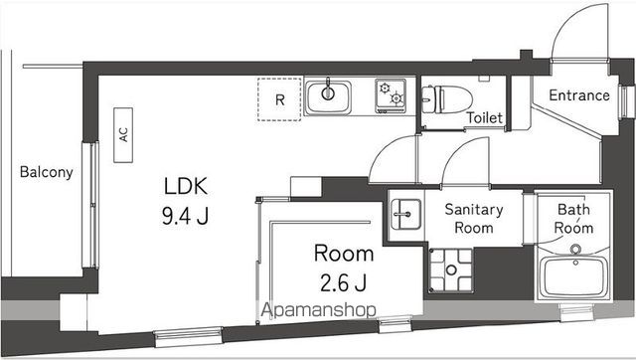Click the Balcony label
46,172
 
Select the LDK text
185,185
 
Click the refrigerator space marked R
279,99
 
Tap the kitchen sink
327,97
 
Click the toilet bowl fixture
437,96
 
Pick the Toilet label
484,118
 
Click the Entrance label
578,96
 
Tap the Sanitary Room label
474,218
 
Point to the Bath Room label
573,218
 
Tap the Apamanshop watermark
318,309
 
